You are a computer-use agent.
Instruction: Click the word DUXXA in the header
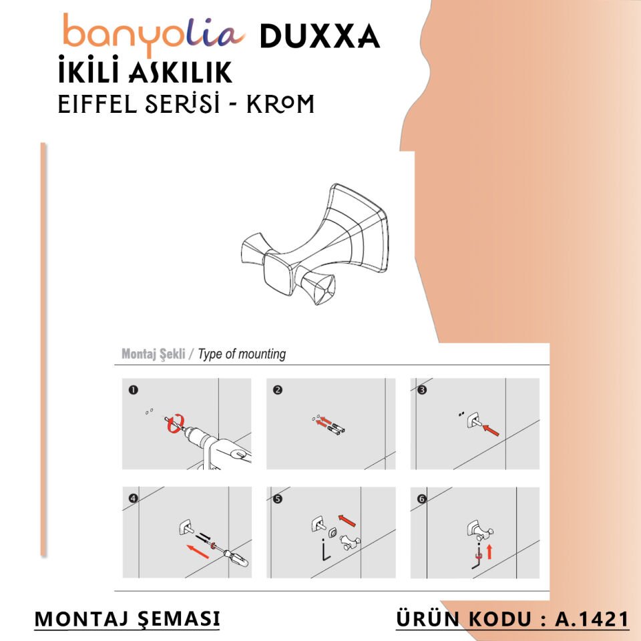[x=319, y=36]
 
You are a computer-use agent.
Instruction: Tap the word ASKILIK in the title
[x=178, y=71]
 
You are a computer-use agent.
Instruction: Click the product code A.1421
[x=592, y=618]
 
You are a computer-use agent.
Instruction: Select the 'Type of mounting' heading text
[x=242, y=354]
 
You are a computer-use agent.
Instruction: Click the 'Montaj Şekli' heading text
[x=153, y=354]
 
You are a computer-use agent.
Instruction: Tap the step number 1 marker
[x=134, y=390]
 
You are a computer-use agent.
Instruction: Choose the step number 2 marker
[x=278, y=390]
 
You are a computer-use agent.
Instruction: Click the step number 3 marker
[x=422, y=390]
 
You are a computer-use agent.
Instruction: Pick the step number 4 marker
[x=134, y=498]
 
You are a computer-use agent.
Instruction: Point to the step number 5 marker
[x=278, y=498]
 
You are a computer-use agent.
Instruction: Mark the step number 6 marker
[x=422, y=498]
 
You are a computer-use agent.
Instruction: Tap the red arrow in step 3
[x=491, y=429]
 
